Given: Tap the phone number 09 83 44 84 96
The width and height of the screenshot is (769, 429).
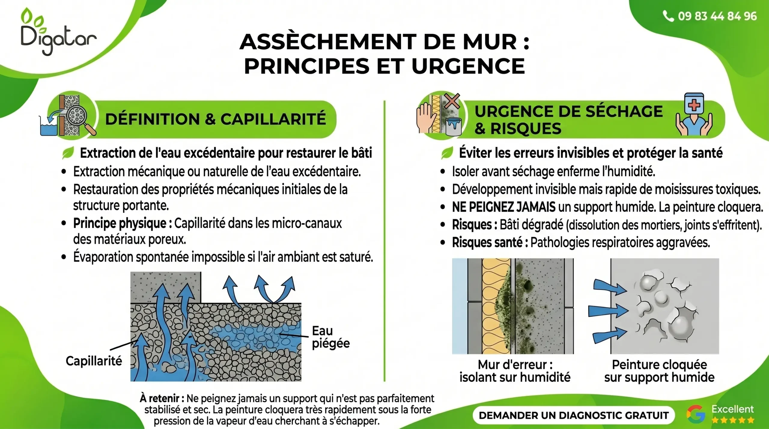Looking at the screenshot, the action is tap(717, 16).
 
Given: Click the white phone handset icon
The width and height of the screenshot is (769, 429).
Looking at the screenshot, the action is tap(668, 16).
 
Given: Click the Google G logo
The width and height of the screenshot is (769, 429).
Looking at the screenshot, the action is tap(696, 414).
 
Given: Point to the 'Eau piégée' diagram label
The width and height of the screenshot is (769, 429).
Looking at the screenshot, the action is tap(331, 337).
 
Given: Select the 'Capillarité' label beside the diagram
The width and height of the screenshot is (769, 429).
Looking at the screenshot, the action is tap(94, 361).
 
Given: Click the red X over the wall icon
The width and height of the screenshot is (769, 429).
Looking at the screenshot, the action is tap(452, 101).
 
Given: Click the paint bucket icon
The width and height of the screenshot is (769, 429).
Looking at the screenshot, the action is tap(454, 126).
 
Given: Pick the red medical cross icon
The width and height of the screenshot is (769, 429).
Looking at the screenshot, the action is tap(694, 105).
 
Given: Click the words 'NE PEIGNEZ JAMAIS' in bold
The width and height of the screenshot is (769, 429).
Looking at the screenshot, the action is tap(504, 207).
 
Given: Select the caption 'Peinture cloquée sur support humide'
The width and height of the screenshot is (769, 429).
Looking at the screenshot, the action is tap(659, 371).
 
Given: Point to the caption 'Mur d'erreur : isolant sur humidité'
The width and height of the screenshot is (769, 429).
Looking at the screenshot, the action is tap(515, 371).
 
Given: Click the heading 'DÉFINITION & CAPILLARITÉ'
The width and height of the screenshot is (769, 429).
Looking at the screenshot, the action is tap(215, 119).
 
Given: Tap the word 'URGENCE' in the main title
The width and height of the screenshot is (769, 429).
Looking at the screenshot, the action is tap(468, 66).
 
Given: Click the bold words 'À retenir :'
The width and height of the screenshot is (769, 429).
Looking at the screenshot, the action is tap(162, 398).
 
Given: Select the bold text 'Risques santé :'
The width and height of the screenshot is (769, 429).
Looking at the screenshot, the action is tap(490, 242).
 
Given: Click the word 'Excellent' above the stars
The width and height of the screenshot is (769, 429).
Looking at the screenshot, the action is tap(732, 409).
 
